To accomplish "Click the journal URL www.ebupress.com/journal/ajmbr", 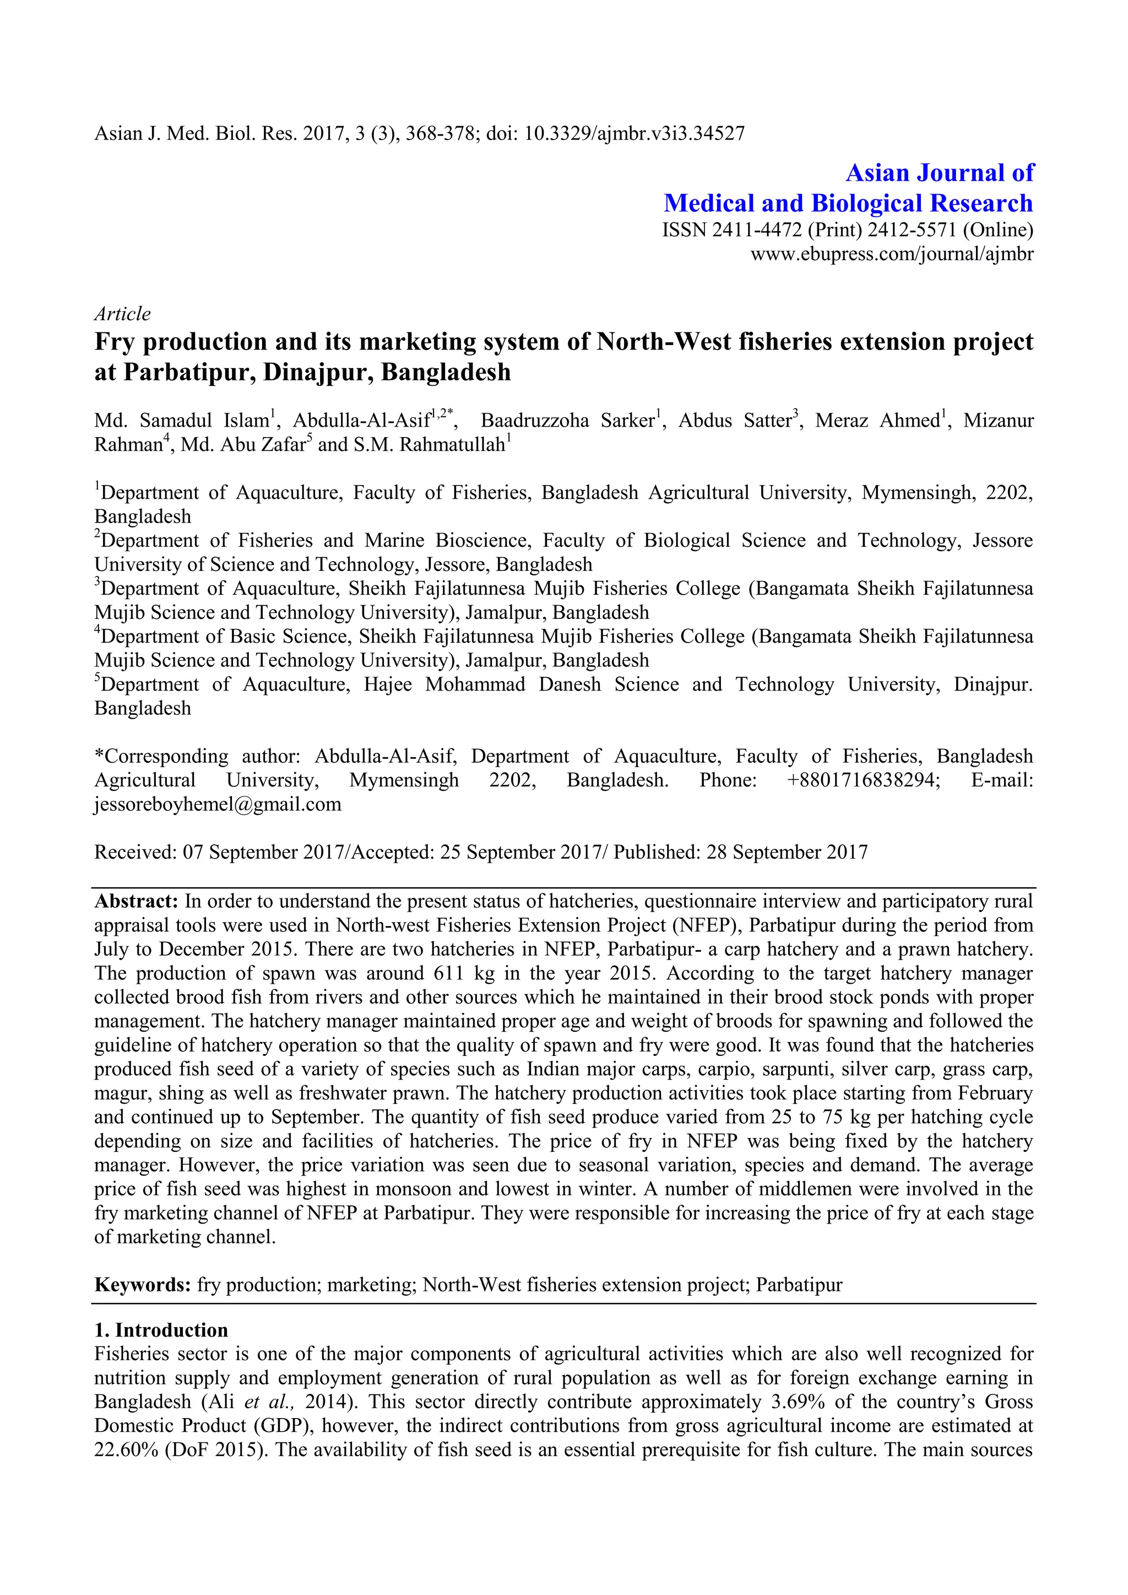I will [x=891, y=254].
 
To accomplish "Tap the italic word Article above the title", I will [x=122, y=314].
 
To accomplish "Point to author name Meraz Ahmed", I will [x=876, y=421].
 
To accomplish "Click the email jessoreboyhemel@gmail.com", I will [x=218, y=804].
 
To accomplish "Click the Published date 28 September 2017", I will [x=787, y=852].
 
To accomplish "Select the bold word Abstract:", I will [x=136, y=902].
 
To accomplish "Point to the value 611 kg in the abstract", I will [x=463, y=973].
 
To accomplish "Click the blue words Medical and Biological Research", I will [x=848, y=203].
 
